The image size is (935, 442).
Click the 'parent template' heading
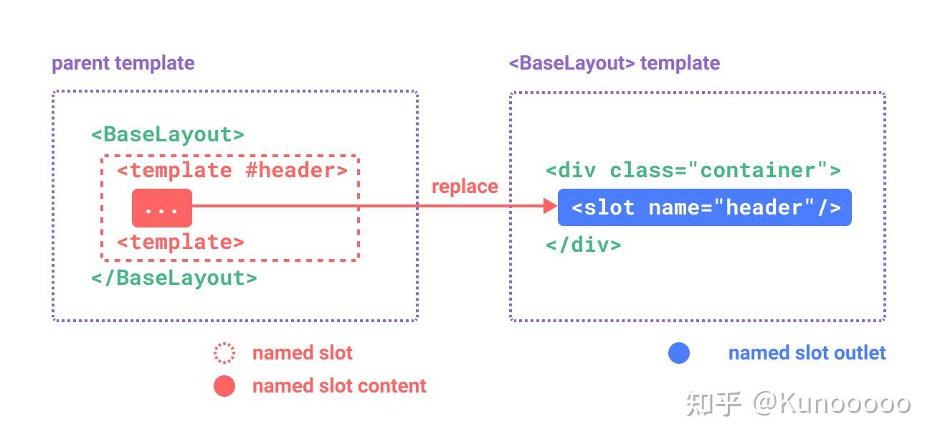(x=123, y=63)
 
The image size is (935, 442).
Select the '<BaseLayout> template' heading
(x=614, y=63)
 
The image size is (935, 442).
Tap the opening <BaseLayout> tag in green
(x=168, y=134)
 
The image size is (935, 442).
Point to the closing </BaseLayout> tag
(x=174, y=278)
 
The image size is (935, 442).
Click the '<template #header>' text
(x=232, y=171)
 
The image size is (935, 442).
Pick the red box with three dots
(x=162, y=208)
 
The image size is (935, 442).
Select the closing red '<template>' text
(x=181, y=243)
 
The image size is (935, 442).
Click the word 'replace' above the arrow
(x=465, y=187)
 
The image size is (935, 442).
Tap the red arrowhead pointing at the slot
(x=550, y=206)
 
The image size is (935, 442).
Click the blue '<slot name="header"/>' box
(x=705, y=207)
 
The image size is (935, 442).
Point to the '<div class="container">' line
(x=693, y=170)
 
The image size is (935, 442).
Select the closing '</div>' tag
(x=584, y=245)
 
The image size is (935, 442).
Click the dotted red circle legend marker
(x=224, y=353)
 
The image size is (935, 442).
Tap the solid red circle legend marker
(x=224, y=385)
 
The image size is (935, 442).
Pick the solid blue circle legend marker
(x=679, y=353)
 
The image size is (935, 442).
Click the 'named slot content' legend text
(x=339, y=385)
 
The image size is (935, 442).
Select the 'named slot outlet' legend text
(x=807, y=353)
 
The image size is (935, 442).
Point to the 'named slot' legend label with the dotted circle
(x=303, y=353)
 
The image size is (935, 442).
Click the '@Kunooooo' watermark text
(x=832, y=403)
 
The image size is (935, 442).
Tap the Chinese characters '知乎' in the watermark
(x=713, y=404)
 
